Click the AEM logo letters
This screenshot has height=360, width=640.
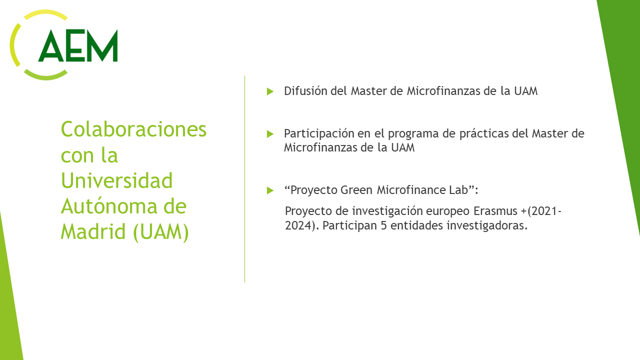[78, 45]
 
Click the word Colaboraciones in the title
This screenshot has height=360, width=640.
[133, 129]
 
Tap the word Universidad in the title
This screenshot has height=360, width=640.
[116, 180]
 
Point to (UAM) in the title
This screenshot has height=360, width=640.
[161, 232]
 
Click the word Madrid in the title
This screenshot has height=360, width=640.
[93, 231]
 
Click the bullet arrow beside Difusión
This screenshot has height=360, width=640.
[270, 91]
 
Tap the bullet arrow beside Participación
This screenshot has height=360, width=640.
[270, 133]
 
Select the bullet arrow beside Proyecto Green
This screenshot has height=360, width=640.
[270, 190]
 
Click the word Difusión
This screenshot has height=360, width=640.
[305, 91]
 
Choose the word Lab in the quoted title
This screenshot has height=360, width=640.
[458, 190]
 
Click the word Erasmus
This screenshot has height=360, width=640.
[495, 211]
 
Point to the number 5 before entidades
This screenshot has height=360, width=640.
[383, 225]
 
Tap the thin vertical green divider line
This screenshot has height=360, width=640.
[245, 179]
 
